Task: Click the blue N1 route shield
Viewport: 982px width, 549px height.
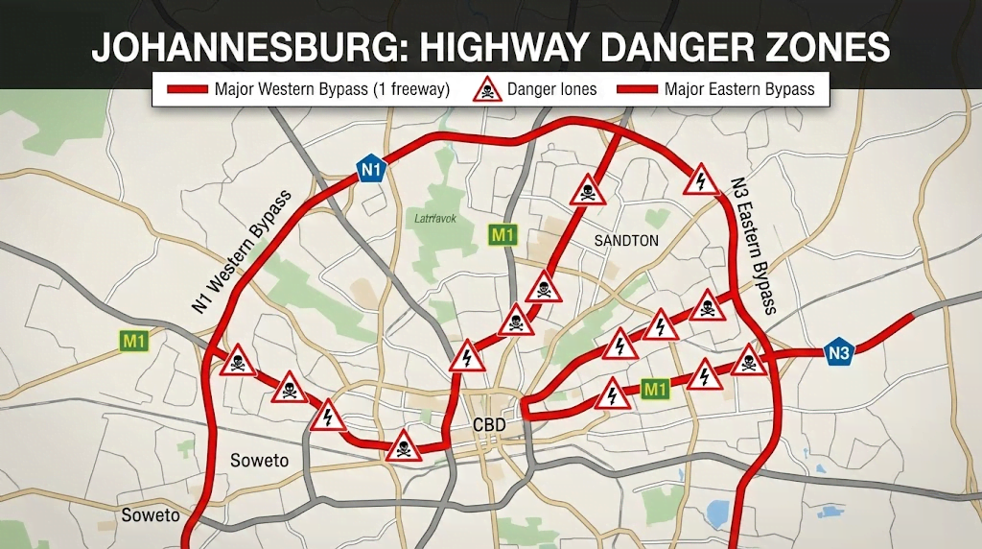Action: pos(371,169)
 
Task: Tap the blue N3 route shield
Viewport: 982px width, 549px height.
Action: pos(839,353)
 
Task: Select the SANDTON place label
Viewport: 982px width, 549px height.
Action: pos(626,240)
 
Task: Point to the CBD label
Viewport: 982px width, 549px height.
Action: pos(489,425)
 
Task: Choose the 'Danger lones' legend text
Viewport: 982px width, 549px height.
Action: pos(552,90)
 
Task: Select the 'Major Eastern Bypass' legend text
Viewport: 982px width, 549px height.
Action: pos(739,90)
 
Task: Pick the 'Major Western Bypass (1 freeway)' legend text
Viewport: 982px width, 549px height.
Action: pos(331,90)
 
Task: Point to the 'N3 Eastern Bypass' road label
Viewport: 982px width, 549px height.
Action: pos(753,246)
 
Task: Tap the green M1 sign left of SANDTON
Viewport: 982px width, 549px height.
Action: pos(502,233)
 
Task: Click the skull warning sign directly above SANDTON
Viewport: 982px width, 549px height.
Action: pos(587,191)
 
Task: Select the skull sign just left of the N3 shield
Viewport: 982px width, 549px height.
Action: pos(749,362)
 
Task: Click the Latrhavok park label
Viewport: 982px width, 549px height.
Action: pos(435,219)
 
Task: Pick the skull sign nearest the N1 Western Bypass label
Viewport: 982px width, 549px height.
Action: pos(238,362)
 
